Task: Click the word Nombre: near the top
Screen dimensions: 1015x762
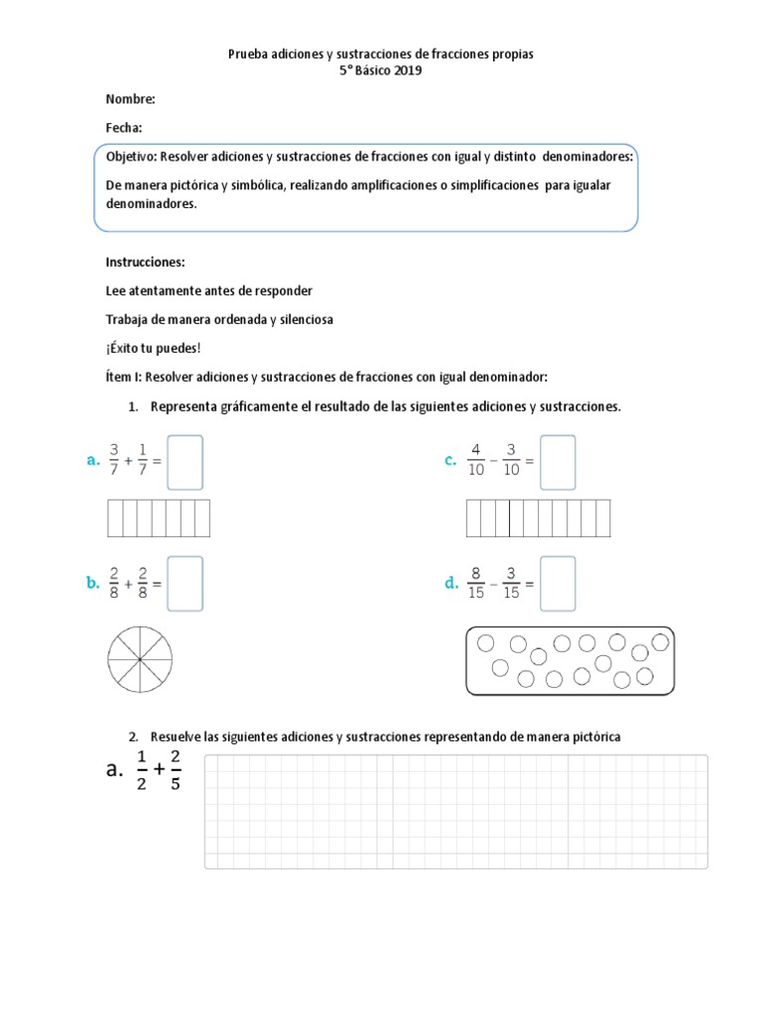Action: pos(129,99)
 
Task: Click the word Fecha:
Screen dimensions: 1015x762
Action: pos(123,128)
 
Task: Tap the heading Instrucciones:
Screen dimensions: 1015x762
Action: pos(145,262)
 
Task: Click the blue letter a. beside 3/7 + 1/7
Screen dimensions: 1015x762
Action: pos(93,460)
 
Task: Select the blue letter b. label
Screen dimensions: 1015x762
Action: pos(93,584)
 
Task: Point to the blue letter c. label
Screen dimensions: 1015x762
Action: pos(450,460)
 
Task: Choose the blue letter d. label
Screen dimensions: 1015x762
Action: pos(451,584)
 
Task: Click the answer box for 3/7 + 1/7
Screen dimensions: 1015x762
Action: pos(186,462)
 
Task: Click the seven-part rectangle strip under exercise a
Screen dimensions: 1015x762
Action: pos(158,518)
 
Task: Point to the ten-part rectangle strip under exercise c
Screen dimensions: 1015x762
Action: pos(538,518)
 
